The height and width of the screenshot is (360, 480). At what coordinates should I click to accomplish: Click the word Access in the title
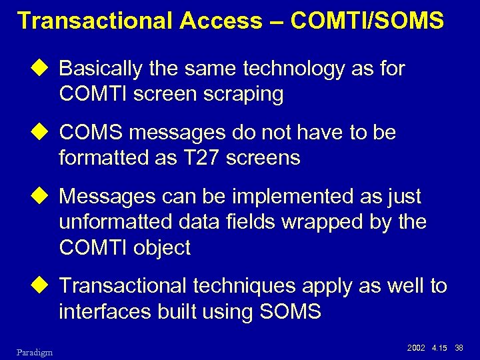point(221,21)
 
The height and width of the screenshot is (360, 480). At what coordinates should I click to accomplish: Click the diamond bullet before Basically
point(45,69)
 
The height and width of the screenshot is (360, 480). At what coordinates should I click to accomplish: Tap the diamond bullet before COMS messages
point(45,133)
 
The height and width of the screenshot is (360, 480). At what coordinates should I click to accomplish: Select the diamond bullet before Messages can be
point(45,197)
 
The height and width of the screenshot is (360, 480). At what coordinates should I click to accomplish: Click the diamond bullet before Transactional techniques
point(45,286)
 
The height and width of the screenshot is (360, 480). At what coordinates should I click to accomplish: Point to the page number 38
point(459,347)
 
